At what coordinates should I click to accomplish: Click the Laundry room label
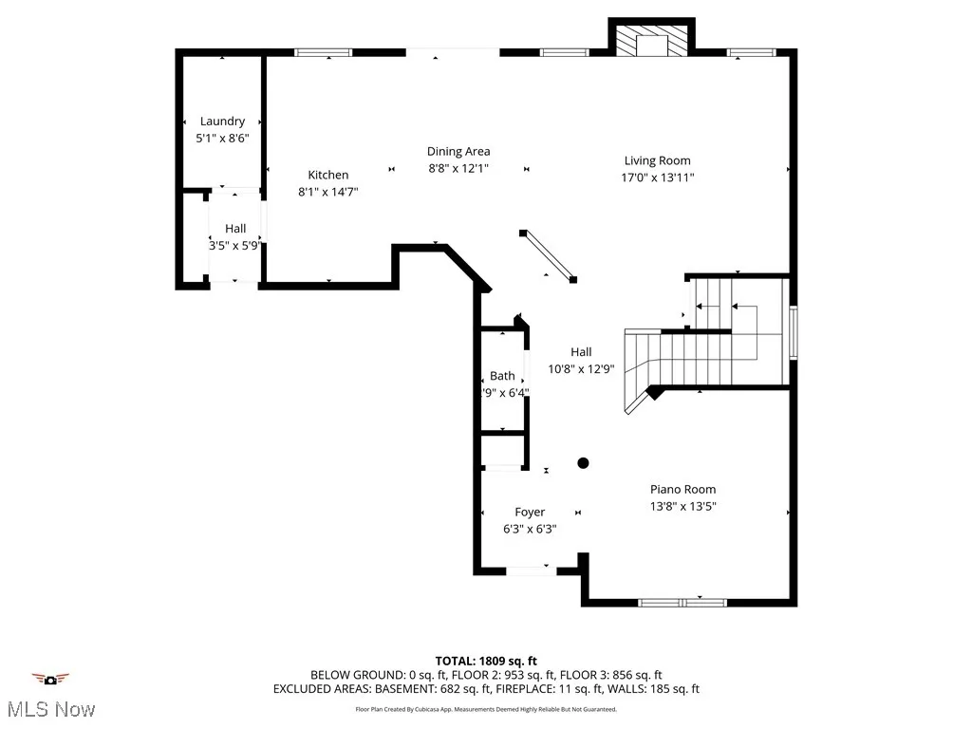click(222, 121)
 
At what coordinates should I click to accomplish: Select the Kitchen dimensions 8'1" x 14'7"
click(328, 192)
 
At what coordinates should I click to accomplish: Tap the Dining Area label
click(458, 151)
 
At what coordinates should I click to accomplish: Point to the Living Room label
click(657, 160)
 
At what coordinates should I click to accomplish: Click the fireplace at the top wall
click(650, 41)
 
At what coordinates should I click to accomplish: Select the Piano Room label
click(682, 490)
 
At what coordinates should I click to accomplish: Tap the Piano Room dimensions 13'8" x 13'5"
click(682, 507)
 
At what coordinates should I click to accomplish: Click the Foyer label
click(530, 513)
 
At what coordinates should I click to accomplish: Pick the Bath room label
click(502, 376)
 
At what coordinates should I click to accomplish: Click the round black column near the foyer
click(584, 463)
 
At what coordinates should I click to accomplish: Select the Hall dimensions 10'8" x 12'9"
click(581, 369)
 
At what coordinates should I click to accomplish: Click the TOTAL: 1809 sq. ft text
click(486, 661)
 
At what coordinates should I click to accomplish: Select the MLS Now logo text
click(49, 709)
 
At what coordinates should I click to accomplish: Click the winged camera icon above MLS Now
click(50, 679)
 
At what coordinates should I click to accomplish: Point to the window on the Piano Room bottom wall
click(682, 602)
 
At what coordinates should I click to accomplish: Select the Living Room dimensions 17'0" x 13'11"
click(657, 178)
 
